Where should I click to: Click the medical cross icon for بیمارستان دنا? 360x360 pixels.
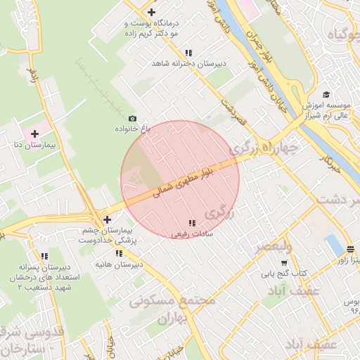point(34,133)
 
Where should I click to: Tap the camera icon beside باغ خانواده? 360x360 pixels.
point(133,119)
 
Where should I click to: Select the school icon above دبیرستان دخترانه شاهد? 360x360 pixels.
point(188,53)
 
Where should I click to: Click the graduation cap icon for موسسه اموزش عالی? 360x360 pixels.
point(326,95)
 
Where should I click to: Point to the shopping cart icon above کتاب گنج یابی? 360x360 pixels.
point(284,263)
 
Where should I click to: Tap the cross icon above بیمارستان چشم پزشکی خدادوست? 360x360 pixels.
point(107,219)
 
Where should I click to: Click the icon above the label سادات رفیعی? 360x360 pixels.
point(192,223)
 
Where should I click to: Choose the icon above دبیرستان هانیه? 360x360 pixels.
point(119,253)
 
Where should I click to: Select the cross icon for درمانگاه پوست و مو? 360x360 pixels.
point(152,12)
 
